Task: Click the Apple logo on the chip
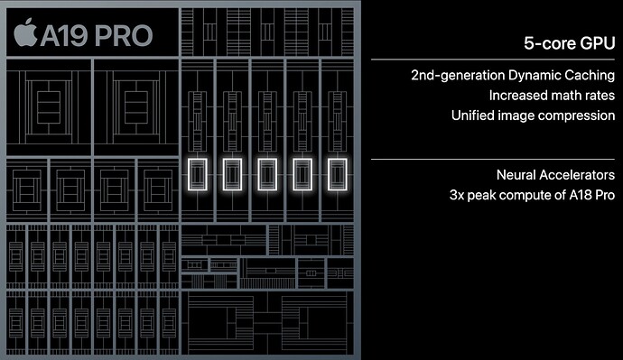pos(27,35)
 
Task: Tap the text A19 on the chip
pos(64,36)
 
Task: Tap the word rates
pos(598,94)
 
